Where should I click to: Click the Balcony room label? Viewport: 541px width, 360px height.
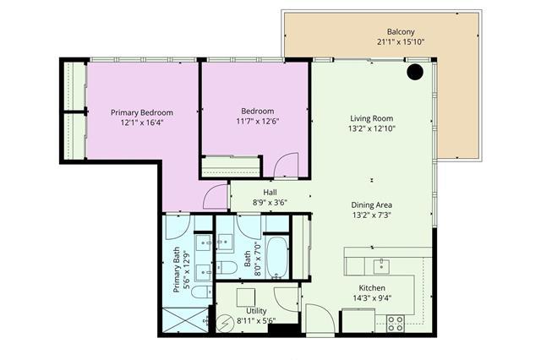[x=400, y=32]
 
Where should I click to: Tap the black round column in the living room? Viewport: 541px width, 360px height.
[x=415, y=72]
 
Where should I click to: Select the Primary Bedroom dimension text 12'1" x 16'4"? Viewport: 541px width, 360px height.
[x=142, y=123]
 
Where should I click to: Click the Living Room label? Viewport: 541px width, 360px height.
[x=372, y=118]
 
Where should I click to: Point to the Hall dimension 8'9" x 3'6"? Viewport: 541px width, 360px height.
[x=270, y=203]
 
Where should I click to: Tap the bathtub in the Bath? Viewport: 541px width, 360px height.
[x=277, y=258]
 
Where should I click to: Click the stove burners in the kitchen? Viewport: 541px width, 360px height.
[x=396, y=324]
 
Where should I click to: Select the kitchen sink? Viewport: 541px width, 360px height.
[x=381, y=266]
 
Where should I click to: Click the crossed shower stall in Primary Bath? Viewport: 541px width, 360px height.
[x=186, y=320]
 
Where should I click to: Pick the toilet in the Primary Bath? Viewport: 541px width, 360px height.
[x=202, y=292]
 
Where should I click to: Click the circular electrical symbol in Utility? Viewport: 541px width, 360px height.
[x=225, y=323]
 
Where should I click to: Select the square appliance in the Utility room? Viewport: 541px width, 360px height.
[x=246, y=297]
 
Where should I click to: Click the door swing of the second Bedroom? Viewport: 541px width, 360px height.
[x=286, y=165]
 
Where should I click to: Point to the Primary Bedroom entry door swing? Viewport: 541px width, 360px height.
[x=216, y=197]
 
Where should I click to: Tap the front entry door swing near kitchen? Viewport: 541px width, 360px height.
[x=320, y=319]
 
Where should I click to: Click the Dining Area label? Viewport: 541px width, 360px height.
[x=372, y=205]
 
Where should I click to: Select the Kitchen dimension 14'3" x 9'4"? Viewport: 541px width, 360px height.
[x=372, y=298]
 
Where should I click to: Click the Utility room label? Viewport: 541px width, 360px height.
[x=256, y=311]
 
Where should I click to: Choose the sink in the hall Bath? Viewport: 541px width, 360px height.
[x=225, y=242]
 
